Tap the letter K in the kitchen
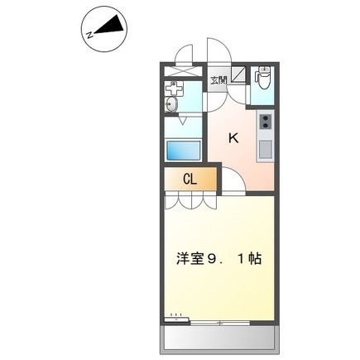(x=233, y=138)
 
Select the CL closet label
(x=189, y=179)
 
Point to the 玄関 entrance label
(x=218, y=80)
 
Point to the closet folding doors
(x=190, y=199)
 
